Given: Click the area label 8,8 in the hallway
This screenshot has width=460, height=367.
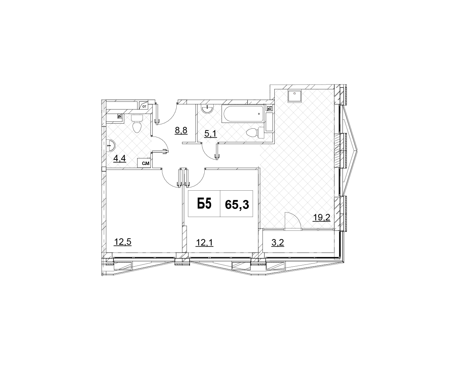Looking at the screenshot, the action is coord(181,130).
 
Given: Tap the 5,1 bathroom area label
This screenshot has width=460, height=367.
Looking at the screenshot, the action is coord(210,134).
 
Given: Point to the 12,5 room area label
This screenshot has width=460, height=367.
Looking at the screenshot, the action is coord(123,242).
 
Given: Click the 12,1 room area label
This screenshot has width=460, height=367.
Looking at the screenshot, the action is coord(204,243).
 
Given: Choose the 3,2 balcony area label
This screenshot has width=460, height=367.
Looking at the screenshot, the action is coord(278,243).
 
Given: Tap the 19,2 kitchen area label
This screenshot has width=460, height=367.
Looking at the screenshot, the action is coord(321,218).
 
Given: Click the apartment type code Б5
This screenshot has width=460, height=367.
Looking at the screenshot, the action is coord(204,204).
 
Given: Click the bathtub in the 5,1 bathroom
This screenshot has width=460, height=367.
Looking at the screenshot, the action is coord(243,114).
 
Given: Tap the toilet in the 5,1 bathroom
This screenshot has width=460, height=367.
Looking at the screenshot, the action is coord(255,133).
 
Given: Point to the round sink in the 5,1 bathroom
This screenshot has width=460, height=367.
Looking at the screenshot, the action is coord(207,109).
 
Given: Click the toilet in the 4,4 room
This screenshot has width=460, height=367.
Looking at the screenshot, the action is coord(137,124).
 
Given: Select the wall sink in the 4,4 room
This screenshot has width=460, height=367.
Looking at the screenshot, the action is coord(111,146).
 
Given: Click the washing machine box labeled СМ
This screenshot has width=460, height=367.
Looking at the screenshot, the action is coord(144,163).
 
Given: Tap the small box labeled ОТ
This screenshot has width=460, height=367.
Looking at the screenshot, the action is coord(144,106).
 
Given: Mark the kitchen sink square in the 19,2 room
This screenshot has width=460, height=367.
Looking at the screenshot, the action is coord(295,96).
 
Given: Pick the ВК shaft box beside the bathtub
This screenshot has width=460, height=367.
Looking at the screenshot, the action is coord(269,109).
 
